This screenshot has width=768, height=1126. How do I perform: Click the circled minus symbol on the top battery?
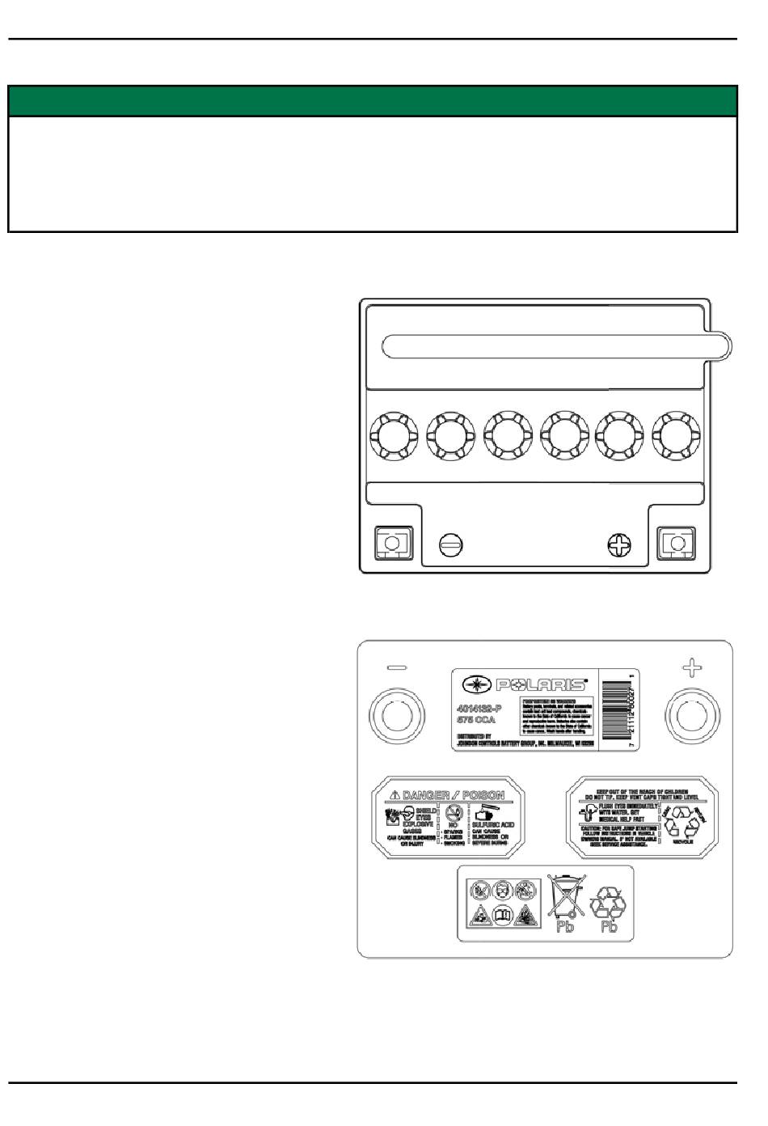[x=451, y=544]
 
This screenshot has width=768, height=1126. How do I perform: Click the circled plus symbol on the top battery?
[x=619, y=545]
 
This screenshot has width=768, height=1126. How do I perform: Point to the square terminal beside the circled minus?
[x=394, y=544]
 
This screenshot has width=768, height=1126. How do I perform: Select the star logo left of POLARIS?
[x=475, y=685]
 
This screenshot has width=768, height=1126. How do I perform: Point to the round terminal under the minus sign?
[x=395, y=716]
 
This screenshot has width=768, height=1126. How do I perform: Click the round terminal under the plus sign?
[x=691, y=716]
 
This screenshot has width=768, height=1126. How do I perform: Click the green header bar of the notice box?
[x=373, y=102]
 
